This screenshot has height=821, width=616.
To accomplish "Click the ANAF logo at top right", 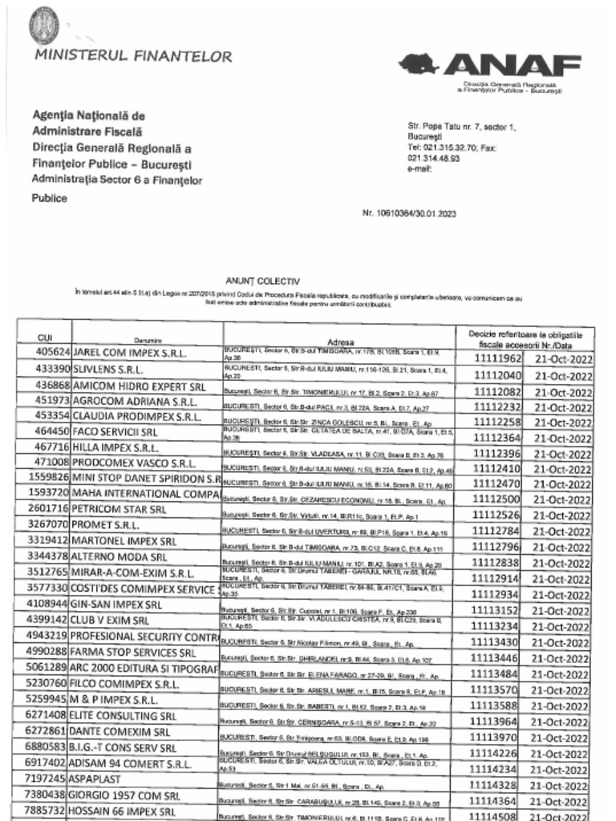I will pyautogui.click(x=490, y=65).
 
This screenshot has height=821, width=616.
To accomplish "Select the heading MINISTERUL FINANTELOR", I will pyautogui.click(x=133, y=56).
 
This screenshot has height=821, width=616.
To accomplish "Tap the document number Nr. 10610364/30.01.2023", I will pyautogui.click(x=409, y=214).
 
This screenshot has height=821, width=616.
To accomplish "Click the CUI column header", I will pyautogui.click(x=45, y=338).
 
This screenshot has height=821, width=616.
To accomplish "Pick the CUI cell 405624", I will pyautogui.click(x=53, y=353).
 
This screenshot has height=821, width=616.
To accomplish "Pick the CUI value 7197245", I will pyautogui.click(x=50, y=779).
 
